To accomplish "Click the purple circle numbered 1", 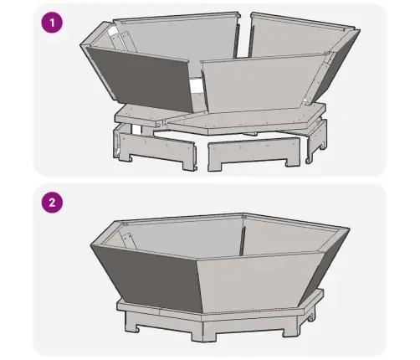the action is coord(52,23).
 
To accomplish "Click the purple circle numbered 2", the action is coord(52,203).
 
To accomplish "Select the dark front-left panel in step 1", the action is coord(142,78).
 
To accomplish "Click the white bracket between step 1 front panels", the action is coord(196,86).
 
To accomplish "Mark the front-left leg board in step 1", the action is coord(157,148).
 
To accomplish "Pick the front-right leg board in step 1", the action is coord(254,152).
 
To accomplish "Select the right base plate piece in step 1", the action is coord(245,120).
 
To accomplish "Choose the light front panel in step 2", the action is coord(257,282).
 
